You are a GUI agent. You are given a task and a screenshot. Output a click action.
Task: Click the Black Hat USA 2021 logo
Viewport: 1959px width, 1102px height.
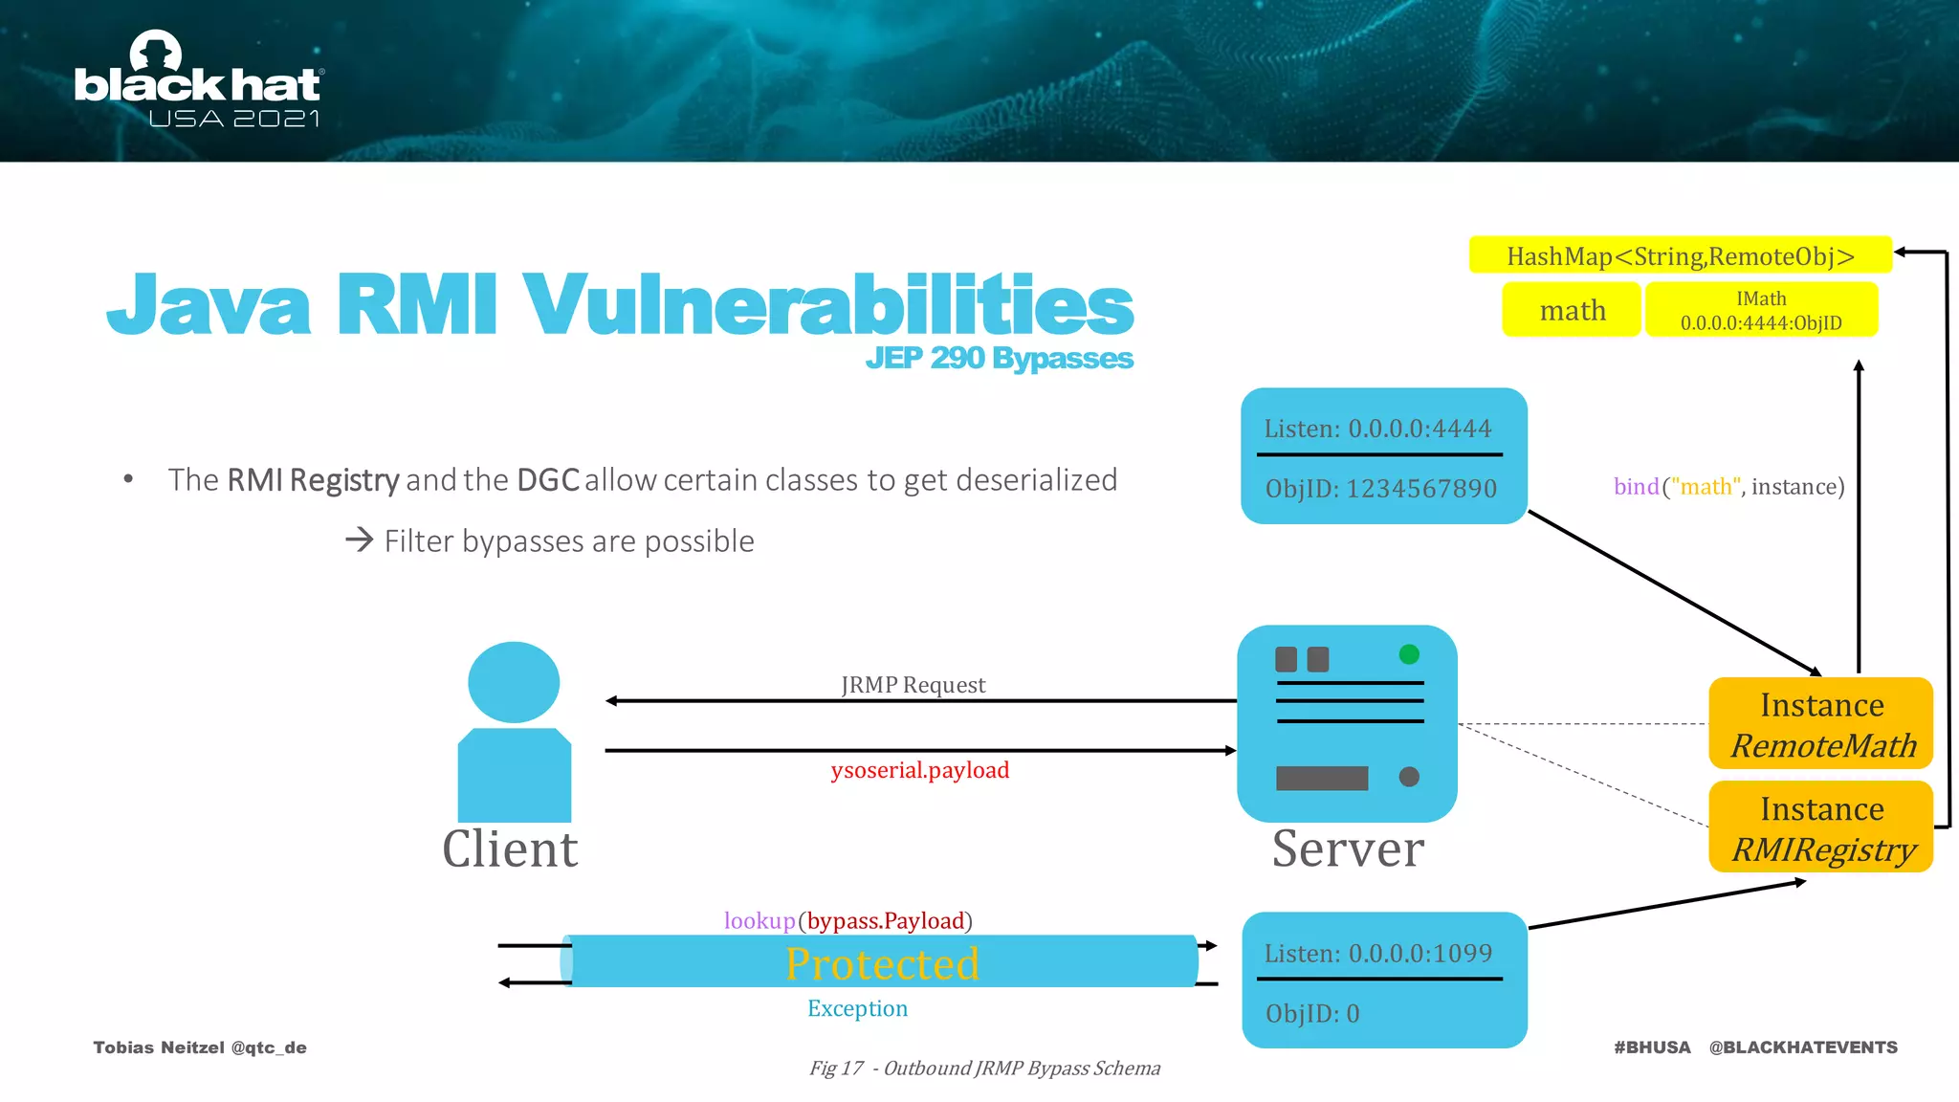click(198, 81)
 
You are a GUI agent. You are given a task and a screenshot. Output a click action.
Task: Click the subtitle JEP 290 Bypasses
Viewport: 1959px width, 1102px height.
click(999, 358)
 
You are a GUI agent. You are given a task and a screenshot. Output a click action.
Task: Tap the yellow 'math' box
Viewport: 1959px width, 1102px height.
click(1572, 310)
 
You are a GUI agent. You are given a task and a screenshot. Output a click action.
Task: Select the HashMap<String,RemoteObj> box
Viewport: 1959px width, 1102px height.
click(1680, 255)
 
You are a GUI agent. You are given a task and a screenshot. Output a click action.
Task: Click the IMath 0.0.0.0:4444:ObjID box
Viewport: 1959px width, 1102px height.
click(1761, 310)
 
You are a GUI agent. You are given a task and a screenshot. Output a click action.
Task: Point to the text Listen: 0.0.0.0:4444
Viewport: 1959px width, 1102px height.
click(1377, 429)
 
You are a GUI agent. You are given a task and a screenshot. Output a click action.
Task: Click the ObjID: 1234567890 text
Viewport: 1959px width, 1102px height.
click(1380, 489)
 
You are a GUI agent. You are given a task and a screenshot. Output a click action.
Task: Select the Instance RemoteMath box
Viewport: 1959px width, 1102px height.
click(1820, 724)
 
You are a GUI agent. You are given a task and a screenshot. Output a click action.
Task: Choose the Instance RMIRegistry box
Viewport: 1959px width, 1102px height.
click(1820, 827)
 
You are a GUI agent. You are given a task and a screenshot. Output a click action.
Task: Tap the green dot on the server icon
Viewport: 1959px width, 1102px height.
click(1409, 654)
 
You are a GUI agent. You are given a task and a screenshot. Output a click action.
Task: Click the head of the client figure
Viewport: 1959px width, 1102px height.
click(514, 682)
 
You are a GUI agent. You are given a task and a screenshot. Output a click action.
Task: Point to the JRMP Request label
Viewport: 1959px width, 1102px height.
click(913, 685)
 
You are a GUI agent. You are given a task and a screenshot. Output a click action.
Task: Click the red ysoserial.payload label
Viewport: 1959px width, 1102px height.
click(919, 770)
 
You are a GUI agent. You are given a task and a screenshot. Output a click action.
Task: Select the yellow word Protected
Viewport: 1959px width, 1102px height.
click(882, 963)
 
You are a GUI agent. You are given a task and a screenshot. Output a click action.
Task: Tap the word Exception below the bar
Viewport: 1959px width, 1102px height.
click(857, 1008)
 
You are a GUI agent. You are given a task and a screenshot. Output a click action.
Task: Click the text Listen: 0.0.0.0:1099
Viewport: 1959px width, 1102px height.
click(1377, 954)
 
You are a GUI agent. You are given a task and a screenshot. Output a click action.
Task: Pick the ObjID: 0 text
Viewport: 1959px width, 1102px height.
click(1311, 1013)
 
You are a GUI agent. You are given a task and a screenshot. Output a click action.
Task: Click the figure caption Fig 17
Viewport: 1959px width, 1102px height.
click(984, 1069)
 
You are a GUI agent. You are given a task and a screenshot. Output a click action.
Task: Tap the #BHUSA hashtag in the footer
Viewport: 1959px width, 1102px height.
click(1652, 1047)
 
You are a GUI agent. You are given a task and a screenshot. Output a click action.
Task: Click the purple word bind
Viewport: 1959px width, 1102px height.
click(1636, 487)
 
